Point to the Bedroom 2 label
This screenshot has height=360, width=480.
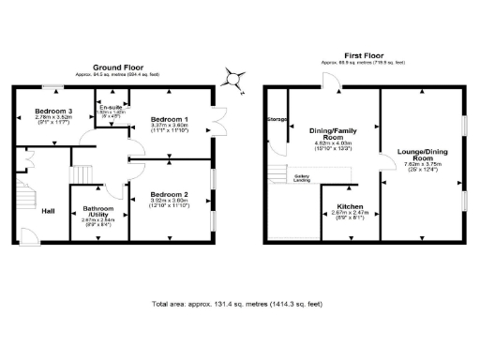click(169, 194)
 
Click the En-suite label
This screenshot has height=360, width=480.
click(112, 109)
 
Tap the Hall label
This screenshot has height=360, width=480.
click(48, 210)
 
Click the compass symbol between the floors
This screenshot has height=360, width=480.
click(232, 82)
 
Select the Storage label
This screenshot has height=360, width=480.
click(276, 120)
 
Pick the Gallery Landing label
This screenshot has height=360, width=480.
click(303, 178)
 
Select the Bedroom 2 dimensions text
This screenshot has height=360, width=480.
click(170, 202)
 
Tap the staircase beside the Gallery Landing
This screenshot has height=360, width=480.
click(278, 175)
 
